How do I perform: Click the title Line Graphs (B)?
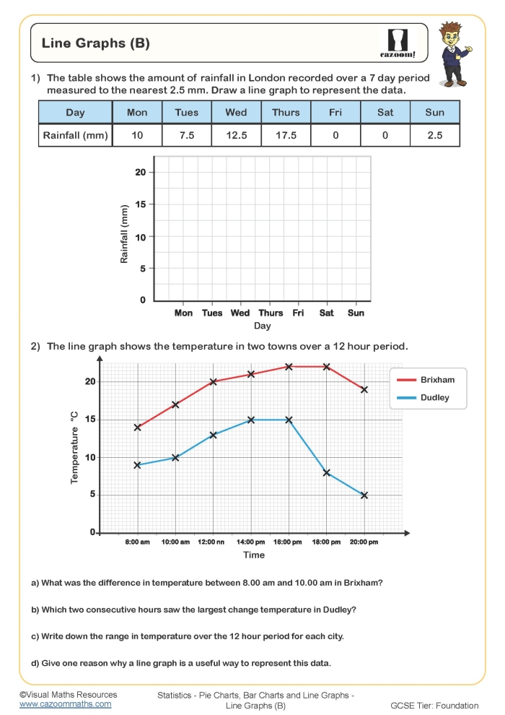tap(96, 43)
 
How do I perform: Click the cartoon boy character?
tap(454, 54)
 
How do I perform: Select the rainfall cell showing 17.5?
tap(286, 135)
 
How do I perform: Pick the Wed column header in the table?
tap(236, 112)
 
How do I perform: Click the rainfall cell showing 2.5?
tap(434, 135)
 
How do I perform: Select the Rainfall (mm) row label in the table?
tap(75, 135)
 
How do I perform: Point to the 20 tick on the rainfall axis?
tap(140, 172)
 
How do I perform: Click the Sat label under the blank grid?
tap(326, 313)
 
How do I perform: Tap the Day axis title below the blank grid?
tap(262, 326)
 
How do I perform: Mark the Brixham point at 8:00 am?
tap(138, 427)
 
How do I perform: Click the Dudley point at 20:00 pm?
tap(364, 495)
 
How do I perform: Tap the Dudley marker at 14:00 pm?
tap(251, 420)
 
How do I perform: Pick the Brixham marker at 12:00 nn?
tap(214, 381)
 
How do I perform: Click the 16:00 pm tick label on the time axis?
tap(289, 542)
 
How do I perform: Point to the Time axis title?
tap(254, 555)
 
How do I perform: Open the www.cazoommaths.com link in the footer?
tap(65, 703)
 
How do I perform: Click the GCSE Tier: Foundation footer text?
tap(434, 706)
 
